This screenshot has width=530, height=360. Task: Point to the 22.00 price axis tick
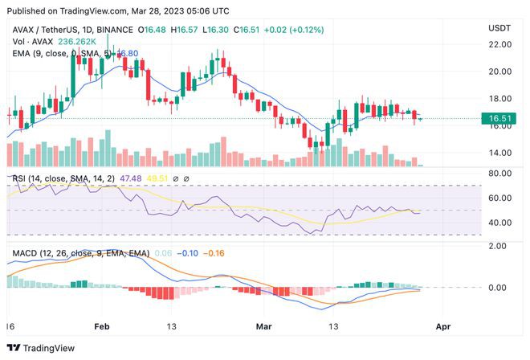pyautogui.click(x=500, y=44)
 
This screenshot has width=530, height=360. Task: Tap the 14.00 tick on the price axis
pyautogui.click(x=500, y=153)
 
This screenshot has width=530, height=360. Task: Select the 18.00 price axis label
pyautogui.click(x=500, y=99)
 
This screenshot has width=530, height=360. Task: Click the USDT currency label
pyautogui.click(x=501, y=28)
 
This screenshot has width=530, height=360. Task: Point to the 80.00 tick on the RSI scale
pyautogui.click(x=500, y=173)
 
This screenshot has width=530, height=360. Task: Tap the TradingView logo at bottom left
pyautogui.click(x=47, y=348)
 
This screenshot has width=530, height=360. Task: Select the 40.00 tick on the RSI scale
pyautogui.click(x=500, y=223)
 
